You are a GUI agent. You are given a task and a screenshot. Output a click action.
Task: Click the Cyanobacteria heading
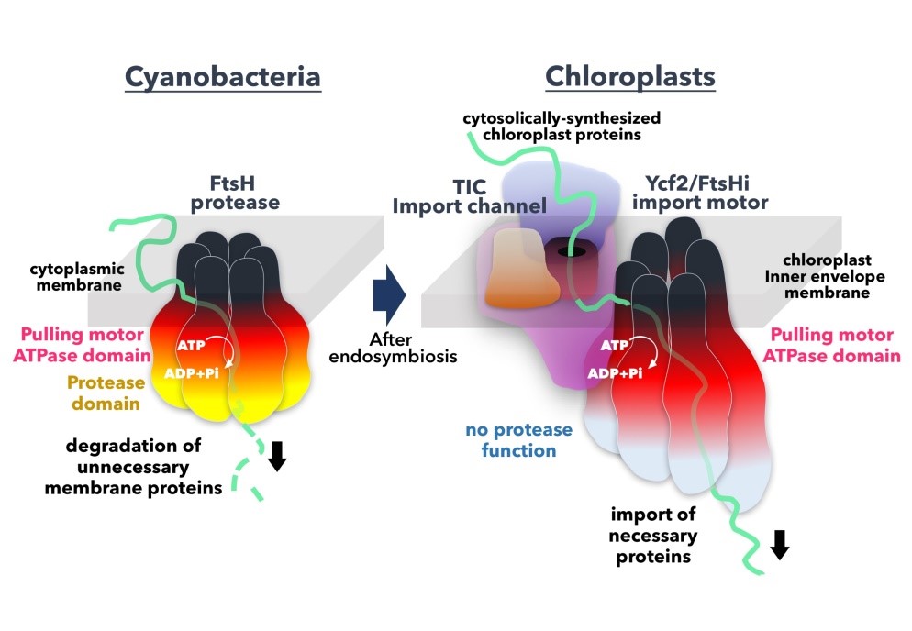pyautogui.click(x=223, y=76)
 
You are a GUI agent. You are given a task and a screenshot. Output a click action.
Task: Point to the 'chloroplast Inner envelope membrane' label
pyautogui.click(x=832, y=275)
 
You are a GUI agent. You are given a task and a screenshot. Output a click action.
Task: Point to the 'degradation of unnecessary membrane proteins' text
pyautogui.click(x=144, y=467)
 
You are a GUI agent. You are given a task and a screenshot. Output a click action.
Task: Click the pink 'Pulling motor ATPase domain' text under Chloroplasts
pyautogui.click(x=834, y=346)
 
